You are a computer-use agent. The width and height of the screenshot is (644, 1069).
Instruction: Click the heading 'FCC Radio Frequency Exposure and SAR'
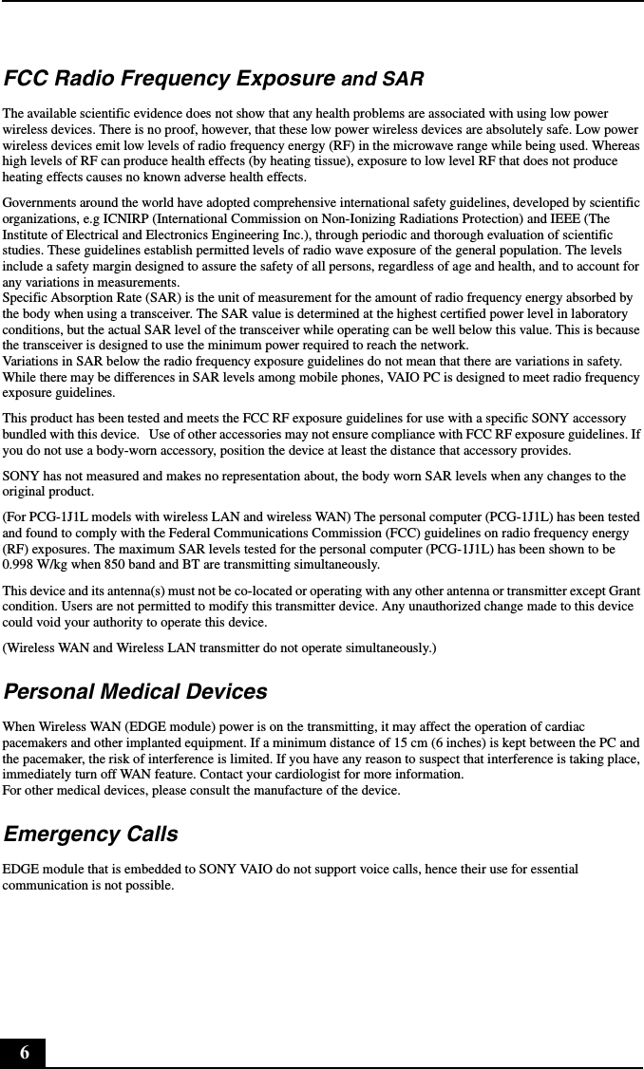coord(214,78)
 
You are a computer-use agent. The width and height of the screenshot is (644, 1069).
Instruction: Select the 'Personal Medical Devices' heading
coord(135,692)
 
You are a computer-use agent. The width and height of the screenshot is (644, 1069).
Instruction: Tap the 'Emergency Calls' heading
coord(90,835)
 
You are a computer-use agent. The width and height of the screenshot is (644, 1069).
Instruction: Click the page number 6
coord(24,1053)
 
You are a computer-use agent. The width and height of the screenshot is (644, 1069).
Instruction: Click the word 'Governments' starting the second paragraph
coord(39,203)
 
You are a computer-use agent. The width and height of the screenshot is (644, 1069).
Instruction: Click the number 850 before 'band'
coord(111,565)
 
